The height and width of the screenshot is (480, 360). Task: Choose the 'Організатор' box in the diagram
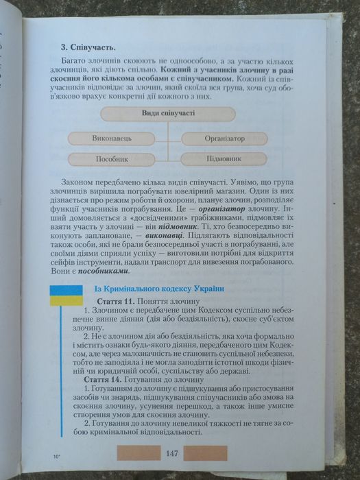tap(224, 139)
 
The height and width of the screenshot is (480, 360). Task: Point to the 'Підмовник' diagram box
tap(224, 158)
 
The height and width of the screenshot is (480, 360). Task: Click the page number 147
tap(172, 453)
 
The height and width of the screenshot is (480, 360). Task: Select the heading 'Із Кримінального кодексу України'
tap(158, 290)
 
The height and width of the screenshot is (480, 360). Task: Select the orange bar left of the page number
tap(138, 453)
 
